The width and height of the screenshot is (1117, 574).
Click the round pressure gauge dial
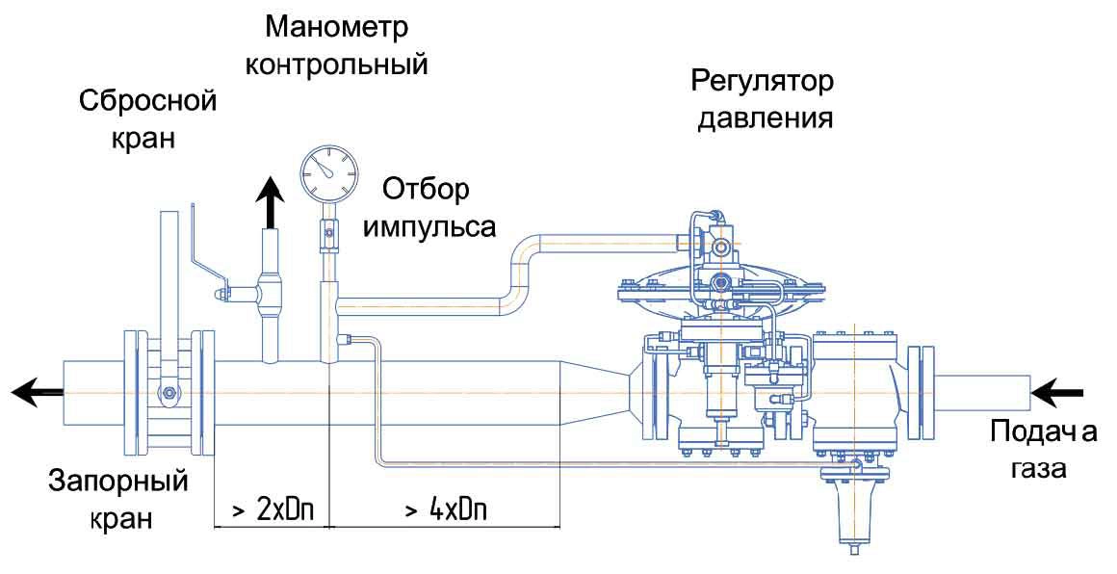327,173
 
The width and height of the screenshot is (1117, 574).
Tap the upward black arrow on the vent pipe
270,203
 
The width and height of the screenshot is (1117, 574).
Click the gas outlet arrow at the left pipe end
37,392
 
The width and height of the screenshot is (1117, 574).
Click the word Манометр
337,30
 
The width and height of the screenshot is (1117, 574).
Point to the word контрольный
336,65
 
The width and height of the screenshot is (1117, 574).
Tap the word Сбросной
147,101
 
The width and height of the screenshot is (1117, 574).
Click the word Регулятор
763,82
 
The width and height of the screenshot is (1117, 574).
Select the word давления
766,118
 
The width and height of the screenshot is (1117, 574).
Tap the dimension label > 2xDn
273,510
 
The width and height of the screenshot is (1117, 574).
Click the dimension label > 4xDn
446,510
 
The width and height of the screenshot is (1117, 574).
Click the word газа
1041,470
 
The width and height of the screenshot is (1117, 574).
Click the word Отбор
427,191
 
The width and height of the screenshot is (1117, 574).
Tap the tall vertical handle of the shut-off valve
169,288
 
